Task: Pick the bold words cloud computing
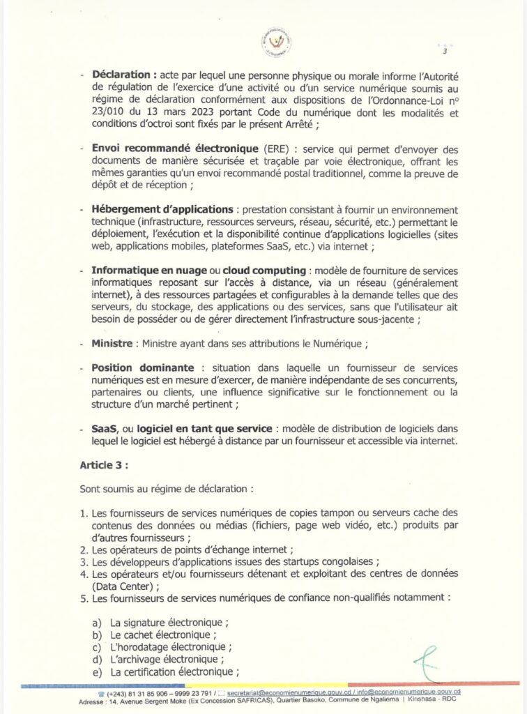point(268,271)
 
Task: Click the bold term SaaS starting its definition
point(103,428)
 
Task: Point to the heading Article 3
point(105,462)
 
